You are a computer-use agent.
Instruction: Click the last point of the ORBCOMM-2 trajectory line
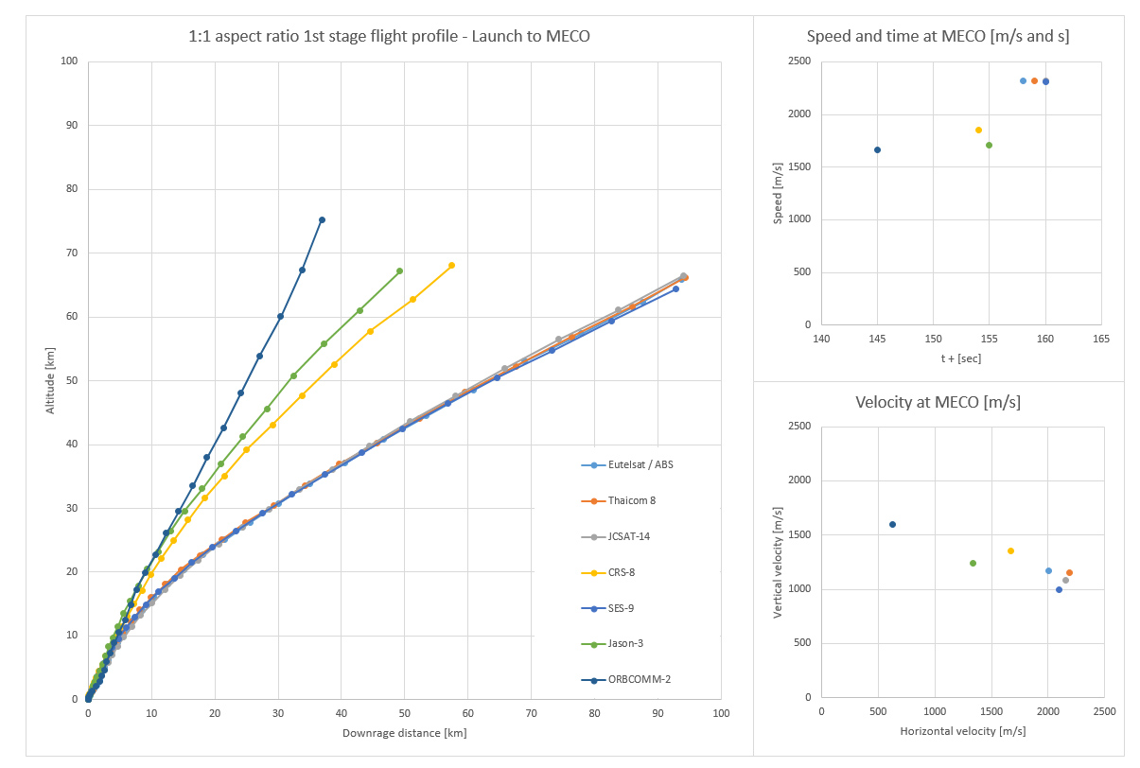point(322,219)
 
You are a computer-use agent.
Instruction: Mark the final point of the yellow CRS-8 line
point(451,265)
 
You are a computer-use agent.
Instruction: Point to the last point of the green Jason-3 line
point(399,271)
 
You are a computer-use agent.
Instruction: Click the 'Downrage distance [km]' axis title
point(404,733)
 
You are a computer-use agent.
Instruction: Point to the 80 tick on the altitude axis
point(70,189)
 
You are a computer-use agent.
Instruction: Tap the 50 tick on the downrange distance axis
point(404,714)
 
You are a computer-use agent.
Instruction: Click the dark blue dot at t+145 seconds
point(877,149)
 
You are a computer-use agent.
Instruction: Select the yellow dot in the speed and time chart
point(978,130)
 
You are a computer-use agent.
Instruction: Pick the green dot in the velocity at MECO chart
point(973,563)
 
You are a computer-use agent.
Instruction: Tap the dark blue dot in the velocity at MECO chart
point(892,524)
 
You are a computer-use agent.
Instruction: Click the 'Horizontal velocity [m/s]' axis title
point(962,731)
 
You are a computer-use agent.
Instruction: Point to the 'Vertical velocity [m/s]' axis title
point(778,562)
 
